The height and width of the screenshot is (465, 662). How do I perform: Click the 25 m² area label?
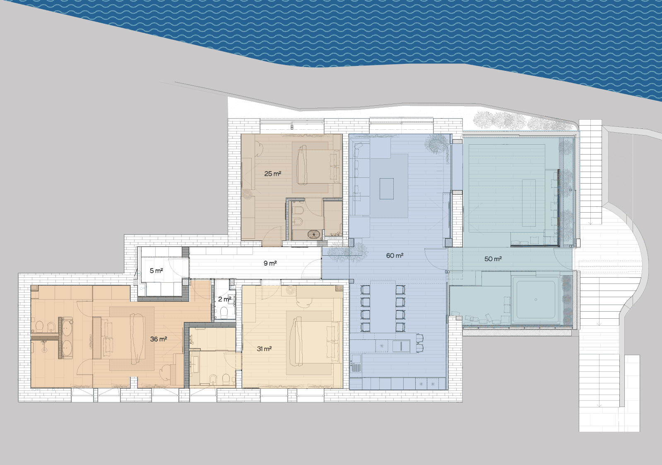coord(272,174)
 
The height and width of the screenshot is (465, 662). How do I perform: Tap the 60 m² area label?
coord(395,256)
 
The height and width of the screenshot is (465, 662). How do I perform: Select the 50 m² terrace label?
coord(493,259)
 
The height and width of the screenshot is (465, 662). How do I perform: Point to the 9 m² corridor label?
coord(270,263)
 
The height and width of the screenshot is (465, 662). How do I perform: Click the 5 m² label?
coord(156,271)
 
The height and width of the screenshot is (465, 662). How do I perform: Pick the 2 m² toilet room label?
coord(225,299)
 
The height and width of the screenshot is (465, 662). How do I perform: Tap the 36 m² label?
coord(159,339)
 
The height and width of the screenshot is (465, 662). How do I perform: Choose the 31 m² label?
coord(264,349)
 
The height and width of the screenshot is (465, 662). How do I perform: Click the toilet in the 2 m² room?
coord(224,312)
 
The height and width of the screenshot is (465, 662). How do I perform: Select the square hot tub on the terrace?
coord(535,300)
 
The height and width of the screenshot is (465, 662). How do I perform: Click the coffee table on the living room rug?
coord(387,189)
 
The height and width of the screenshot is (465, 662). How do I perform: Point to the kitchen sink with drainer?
coord(356,363)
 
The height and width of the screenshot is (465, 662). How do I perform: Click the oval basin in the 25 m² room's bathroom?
coord(314,234)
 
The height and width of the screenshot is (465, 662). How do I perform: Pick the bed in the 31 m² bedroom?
coord(313,343)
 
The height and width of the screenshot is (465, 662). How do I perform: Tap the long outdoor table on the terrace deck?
coord(529,203)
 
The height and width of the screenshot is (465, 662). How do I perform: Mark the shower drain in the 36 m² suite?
coord(44,349)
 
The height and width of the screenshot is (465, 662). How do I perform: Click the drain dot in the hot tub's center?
coord(535,300)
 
